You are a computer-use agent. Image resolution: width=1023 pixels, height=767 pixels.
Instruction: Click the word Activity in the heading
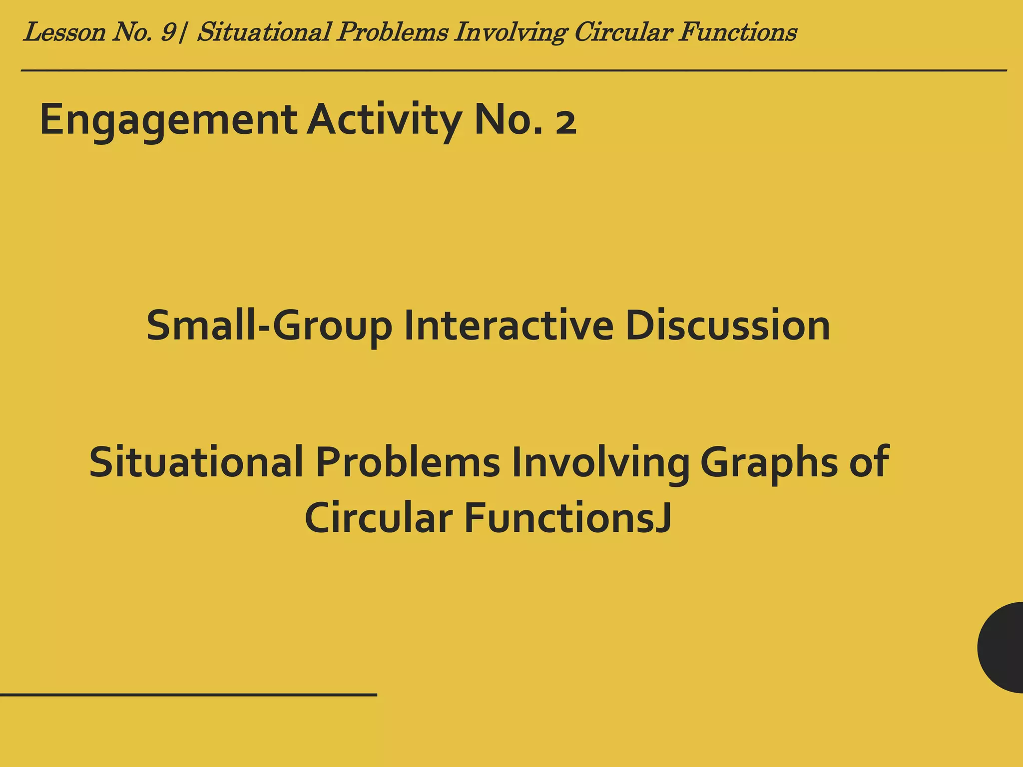pos(384,120)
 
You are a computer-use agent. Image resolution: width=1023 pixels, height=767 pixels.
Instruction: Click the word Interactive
pos(509,326)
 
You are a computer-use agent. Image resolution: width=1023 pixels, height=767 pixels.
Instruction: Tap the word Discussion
pos(727,326)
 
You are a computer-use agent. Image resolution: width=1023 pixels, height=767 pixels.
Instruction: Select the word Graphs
pos(769,462)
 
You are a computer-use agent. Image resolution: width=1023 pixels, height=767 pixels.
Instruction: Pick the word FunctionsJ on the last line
pos(567,518)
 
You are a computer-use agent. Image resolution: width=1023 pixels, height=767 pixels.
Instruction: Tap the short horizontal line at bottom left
pos(188,695)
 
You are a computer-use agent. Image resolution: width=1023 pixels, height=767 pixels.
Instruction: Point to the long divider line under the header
pos(513,70)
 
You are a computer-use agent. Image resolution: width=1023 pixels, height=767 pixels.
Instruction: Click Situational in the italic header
pos(264,32)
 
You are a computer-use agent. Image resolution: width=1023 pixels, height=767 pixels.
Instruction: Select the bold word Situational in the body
pos(196,462)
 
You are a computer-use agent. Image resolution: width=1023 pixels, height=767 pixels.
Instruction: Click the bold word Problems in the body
pos(408,462)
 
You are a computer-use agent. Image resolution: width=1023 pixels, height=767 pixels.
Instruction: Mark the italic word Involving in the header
pos(511,32)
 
